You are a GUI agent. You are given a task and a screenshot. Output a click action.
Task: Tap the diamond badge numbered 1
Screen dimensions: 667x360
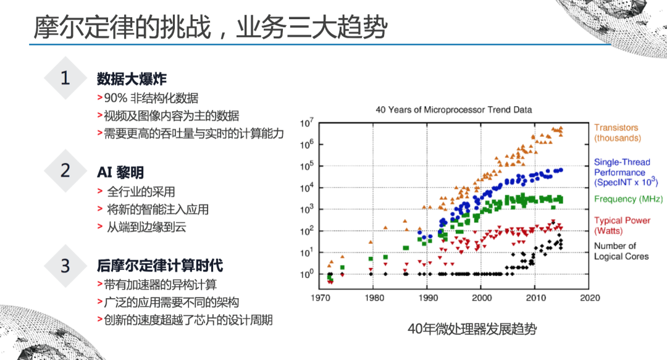[x=65, y=78]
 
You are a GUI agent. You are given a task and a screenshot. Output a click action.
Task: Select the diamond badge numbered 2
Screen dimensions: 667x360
[x=65, y=170]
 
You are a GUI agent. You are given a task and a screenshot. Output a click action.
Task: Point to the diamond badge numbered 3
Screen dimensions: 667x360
[x=65, y=266]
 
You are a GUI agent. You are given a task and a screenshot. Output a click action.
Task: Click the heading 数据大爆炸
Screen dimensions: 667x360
[x=132, y=78]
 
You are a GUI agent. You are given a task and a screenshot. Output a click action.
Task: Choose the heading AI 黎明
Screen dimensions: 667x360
[x=120, y=172]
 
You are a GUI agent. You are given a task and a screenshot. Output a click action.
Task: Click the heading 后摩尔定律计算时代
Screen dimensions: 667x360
[x=160, y=266]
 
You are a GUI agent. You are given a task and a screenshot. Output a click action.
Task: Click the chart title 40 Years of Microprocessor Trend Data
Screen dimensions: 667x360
[x=453, y=110]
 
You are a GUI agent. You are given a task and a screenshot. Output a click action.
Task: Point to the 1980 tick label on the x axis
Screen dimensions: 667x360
[x=374, y=298]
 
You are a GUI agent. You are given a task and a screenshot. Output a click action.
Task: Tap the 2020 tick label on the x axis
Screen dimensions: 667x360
[x=590, y=298]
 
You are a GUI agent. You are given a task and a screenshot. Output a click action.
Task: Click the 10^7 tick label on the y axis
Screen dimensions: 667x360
[x=306, y=123]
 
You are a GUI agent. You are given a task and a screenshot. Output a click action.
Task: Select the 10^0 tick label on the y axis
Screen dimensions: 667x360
[x=306, y=274]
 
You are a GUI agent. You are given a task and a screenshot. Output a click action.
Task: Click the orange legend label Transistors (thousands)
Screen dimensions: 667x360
[x=617, y=133]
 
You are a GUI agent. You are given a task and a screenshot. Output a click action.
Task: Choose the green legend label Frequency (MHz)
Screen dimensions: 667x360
[x=628, y=199]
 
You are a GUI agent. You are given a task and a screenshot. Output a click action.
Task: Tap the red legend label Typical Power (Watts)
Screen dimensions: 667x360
[x=622, y=225]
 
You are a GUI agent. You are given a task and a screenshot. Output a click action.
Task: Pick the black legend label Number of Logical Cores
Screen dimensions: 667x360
[x=621, y=251]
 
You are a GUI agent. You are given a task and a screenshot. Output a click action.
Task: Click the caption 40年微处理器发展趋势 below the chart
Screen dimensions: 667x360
[x=472, y=329]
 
